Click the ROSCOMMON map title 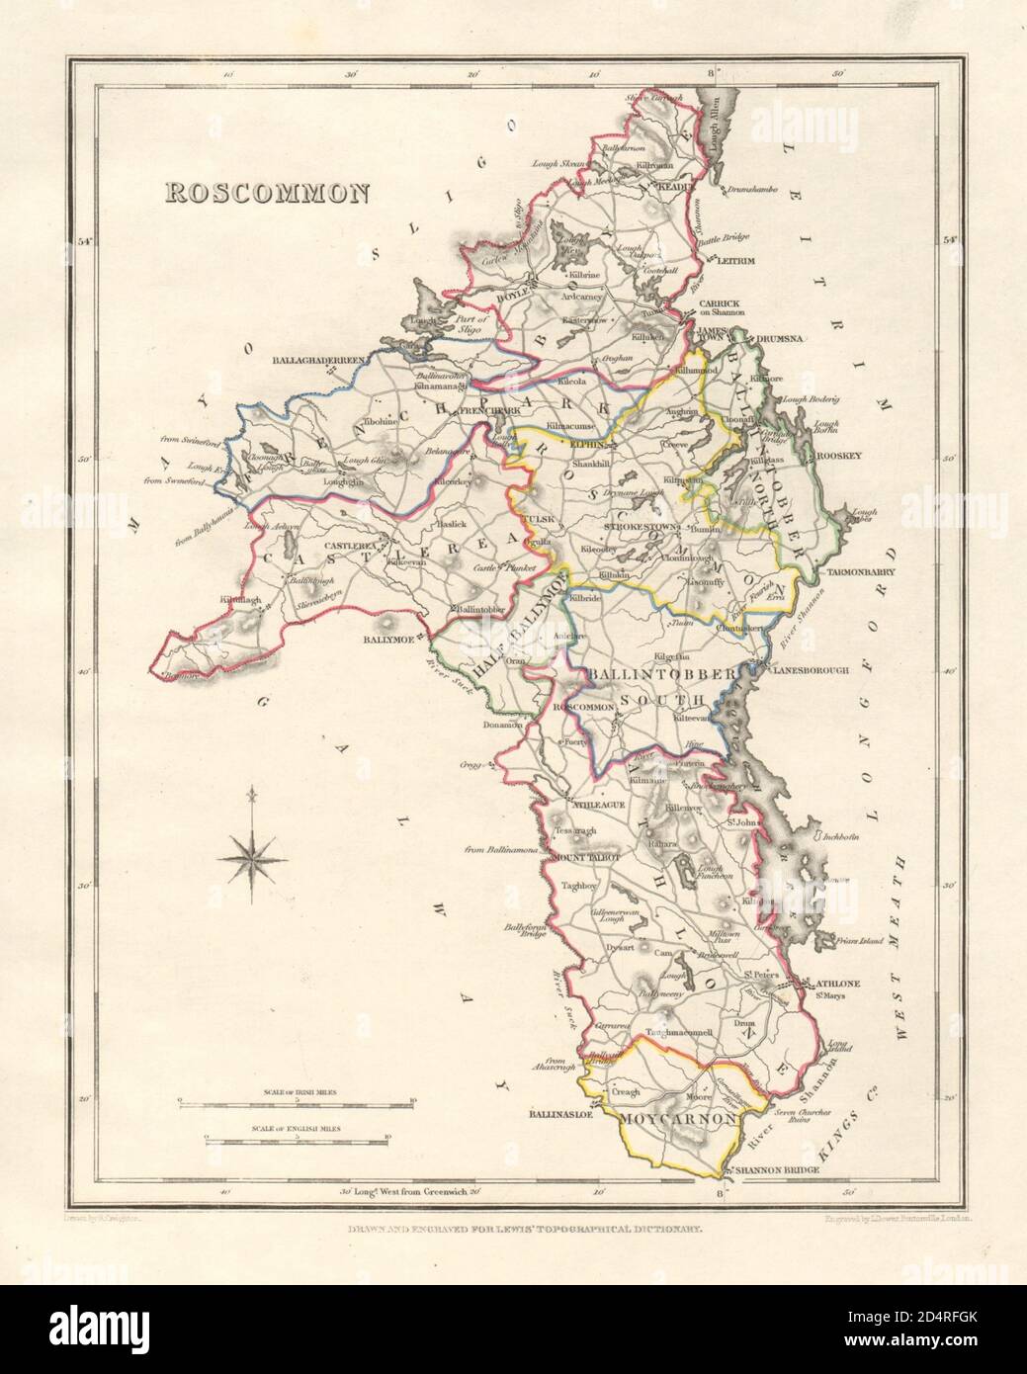[266, 192]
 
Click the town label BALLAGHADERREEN [318, 362]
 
